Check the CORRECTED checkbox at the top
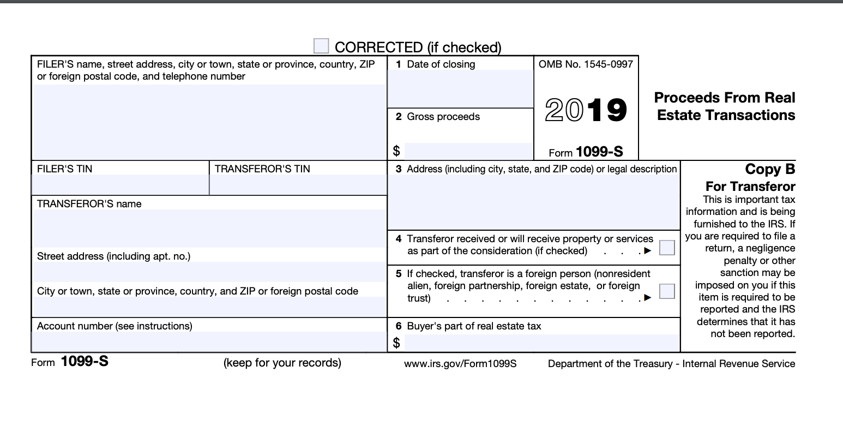point(321,46)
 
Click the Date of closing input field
point(460,88)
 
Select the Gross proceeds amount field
point(468,151)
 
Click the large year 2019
point(586,110)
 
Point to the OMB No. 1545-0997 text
point(586,64)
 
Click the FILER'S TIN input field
point(120,184)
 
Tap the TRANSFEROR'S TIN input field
point(298,184)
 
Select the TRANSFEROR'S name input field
point(209,228)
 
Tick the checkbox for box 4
point(666,248)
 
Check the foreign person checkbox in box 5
point(666,291)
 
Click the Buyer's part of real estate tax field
point(541,343)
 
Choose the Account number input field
point(209,341)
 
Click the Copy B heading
point(770,169)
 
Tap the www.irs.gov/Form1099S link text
point(460,363)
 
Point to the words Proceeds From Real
point(724,98)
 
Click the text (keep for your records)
point(282,363)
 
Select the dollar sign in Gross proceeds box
point(396,151)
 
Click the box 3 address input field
point(533,202)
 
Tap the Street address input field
point(209,272)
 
